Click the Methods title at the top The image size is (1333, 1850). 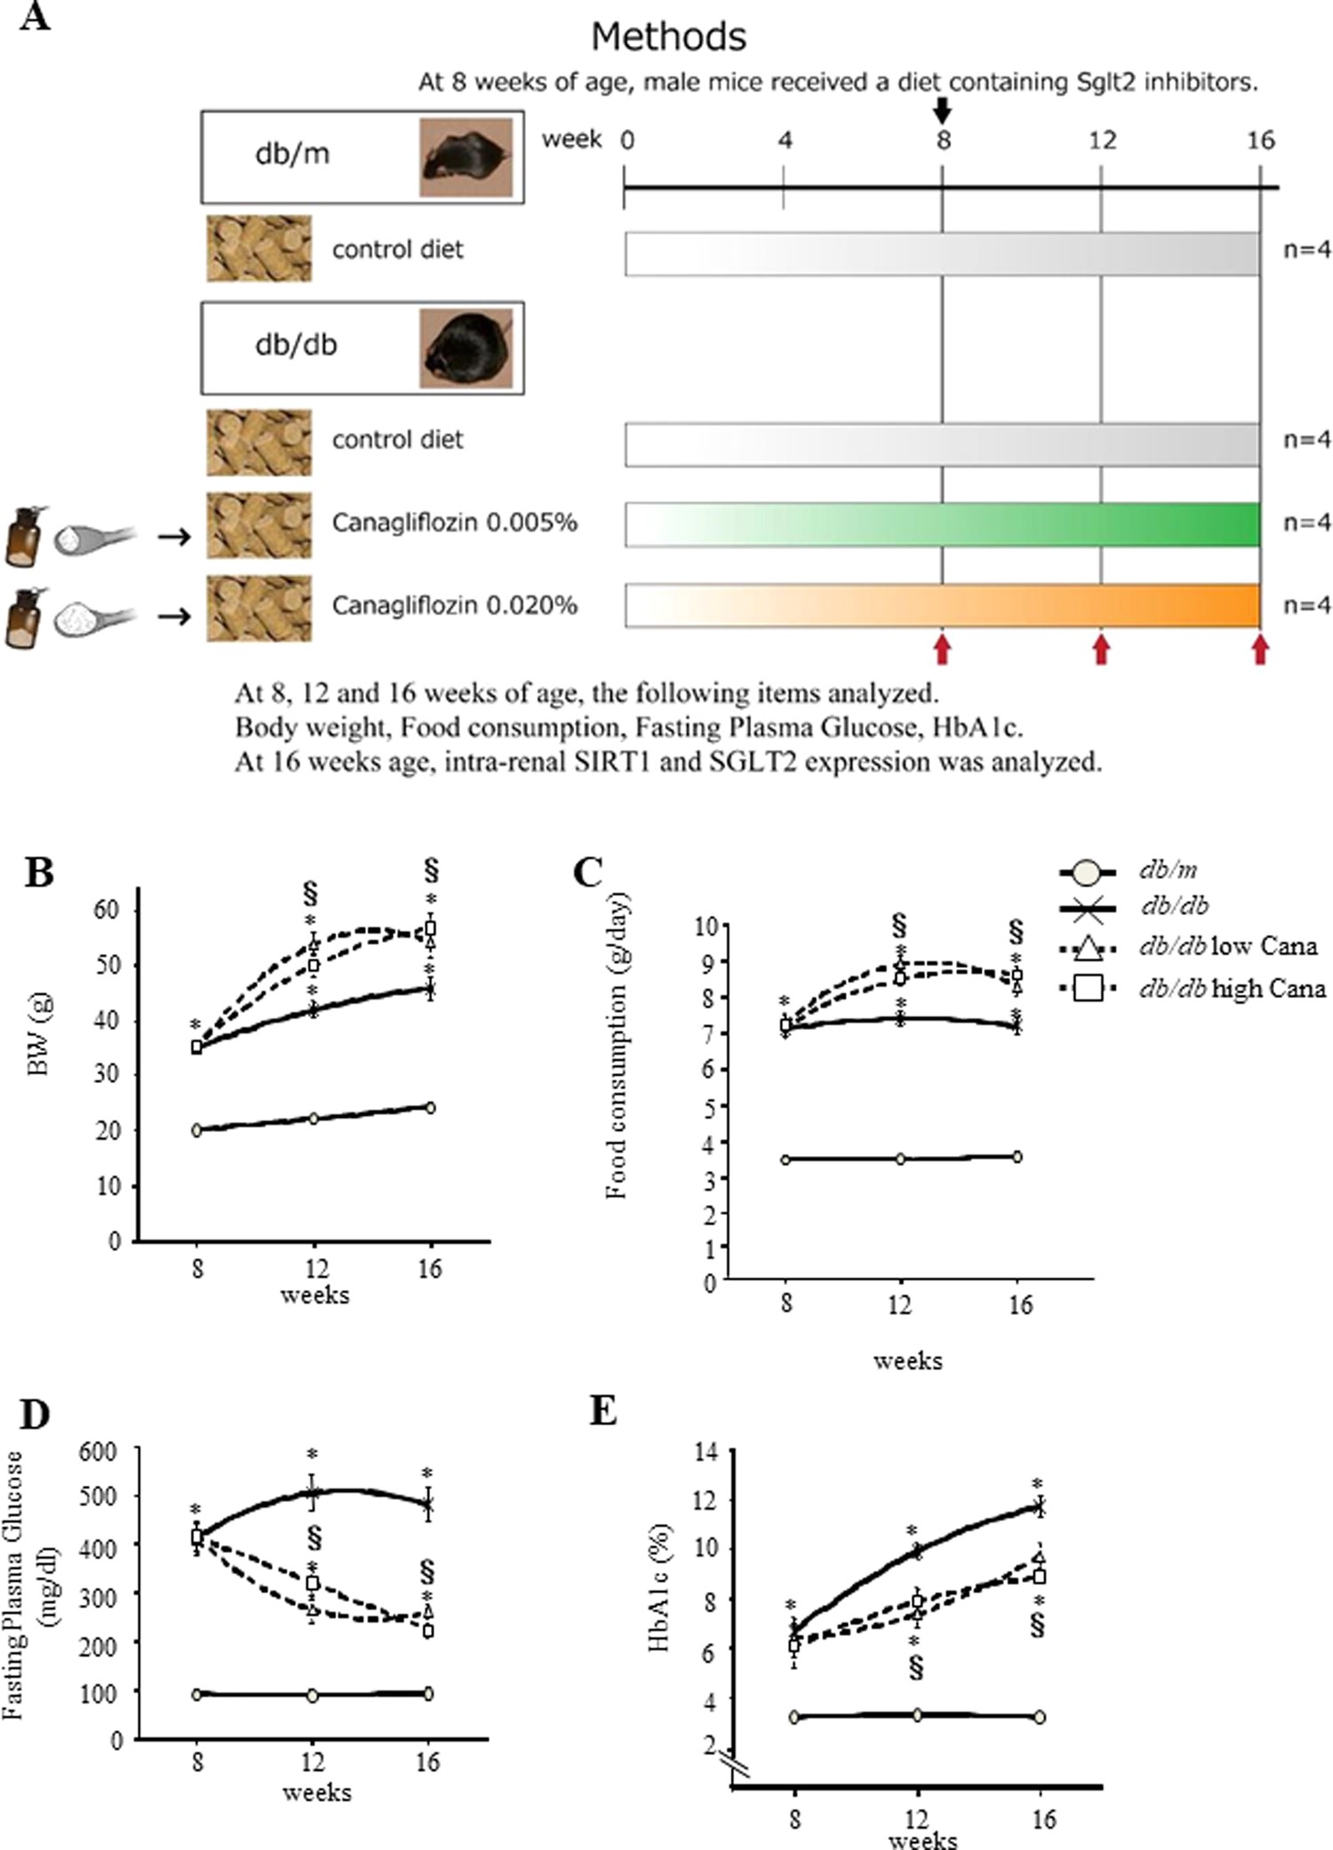point(668,36)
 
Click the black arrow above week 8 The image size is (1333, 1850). point(943,110)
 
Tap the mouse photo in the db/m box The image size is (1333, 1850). point(466,156)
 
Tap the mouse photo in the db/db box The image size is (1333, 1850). point(466,347)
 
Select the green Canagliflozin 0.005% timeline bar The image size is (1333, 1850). point(942,524)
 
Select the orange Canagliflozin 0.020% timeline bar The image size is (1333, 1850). point(942,605)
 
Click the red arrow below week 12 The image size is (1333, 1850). point(1101,650)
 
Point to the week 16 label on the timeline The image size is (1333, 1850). point(1259,140)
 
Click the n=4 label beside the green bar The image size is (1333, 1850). point(1306,522)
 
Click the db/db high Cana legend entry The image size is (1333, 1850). point(1232,989)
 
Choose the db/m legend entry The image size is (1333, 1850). point(1168,870)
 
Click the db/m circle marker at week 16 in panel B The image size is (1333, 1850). point(430,1107)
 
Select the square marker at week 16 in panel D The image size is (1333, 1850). point(428,1631)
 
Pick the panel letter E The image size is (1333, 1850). point(603,1411)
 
